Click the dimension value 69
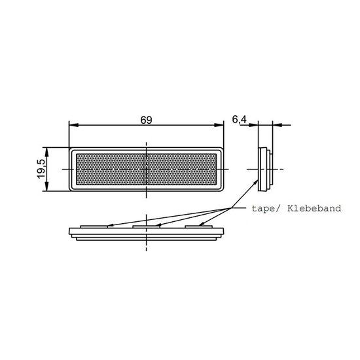(x=146, y=120)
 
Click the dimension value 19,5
(x=41, y=169)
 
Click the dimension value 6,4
(x=239, y=119)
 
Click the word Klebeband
(x=314, y=208)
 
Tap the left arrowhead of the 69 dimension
(x=74, y=125)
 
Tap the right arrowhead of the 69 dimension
(x=219, y=125)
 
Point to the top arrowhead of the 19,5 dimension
(x=47, y=153)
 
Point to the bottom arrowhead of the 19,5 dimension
(x=47, y=186)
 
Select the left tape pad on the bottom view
(x=94, y=226)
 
